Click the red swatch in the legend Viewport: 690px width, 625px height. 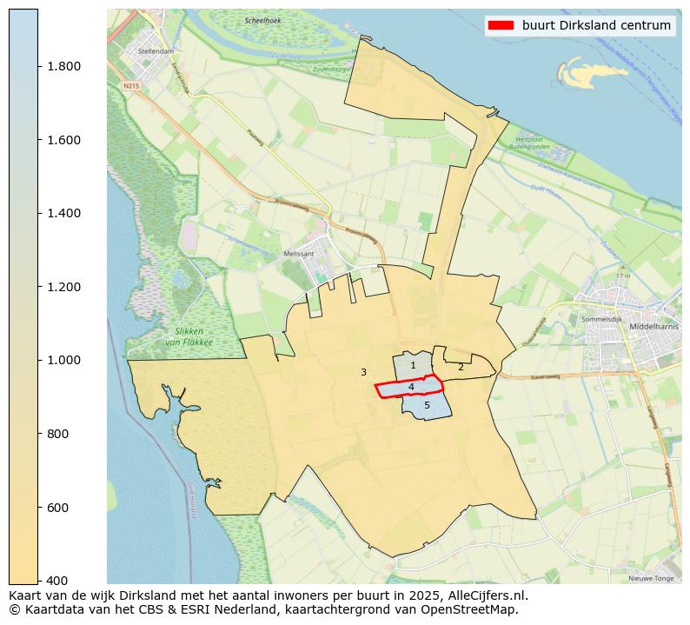coord(502,25)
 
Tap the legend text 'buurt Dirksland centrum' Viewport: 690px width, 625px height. coord(596,25)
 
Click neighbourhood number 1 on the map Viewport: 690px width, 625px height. coord(413,366)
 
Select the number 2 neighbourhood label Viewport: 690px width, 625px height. coord(461,367)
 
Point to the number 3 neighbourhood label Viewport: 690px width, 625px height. coord(363,372)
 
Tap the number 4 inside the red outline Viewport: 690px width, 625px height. coord(411,387)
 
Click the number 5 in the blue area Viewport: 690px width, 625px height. coord(427,405)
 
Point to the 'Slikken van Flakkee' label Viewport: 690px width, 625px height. coord(188,336)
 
